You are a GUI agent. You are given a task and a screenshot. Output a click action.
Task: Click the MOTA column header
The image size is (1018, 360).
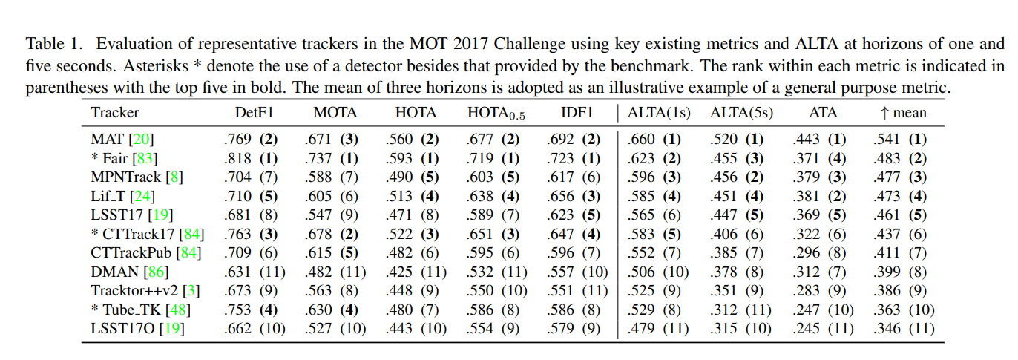[x=335, y=113]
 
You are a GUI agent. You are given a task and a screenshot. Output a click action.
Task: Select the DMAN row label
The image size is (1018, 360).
[x=115, y=272]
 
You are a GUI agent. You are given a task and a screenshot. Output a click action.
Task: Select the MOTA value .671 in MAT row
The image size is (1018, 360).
[x=318, y=139]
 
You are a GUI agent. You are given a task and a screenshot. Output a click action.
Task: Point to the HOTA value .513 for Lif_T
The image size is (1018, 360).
[x=398, y=196]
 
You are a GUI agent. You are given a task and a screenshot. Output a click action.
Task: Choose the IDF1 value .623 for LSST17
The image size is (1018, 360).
[x=559, y=215]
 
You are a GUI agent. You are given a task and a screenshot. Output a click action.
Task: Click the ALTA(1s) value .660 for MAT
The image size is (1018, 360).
[x=641, y=139]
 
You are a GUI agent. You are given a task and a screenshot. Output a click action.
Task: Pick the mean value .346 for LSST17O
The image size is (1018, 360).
[x=886, y=328]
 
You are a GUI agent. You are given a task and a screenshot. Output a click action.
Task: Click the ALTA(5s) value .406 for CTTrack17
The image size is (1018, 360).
[x=724, y=234]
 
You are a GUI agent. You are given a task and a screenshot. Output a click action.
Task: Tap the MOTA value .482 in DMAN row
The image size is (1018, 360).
[x=318, y=272]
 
